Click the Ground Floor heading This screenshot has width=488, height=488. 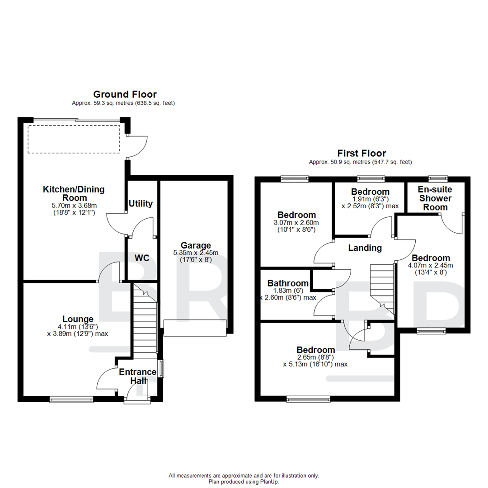pos(125,94)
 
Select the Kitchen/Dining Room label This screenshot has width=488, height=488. pos(73,193)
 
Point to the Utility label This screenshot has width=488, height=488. pos(141,204)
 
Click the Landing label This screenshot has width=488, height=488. pos(365,248)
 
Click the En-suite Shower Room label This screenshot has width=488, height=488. pos(435,198)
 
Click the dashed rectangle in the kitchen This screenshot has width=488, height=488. pos(74,140)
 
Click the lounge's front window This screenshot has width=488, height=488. pos(71,399)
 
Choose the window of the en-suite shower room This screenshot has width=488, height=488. pos(438,178)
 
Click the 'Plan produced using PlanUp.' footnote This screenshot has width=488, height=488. pos(244,482)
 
